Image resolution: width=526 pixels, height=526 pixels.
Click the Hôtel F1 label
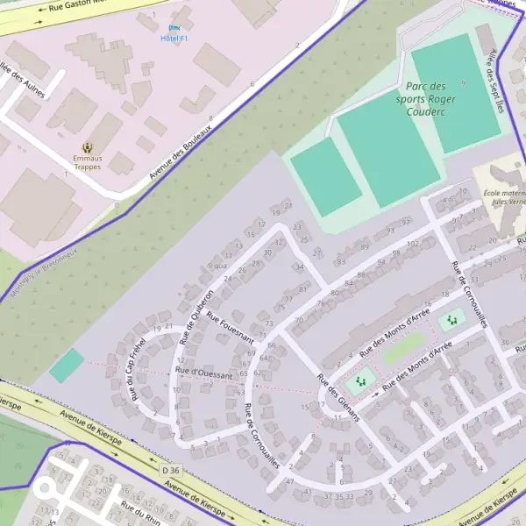point(174,39)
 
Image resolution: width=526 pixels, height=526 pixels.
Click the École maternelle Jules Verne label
point(505,197)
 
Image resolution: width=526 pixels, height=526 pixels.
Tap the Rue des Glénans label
point(338,399)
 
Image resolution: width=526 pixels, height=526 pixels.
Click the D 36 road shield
point(170,471)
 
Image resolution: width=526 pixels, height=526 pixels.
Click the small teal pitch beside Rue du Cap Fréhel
point(67,365)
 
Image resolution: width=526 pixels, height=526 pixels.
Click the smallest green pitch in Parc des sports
point(325,176)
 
